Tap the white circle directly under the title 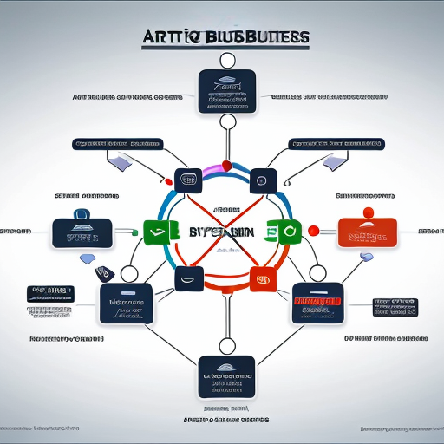[x=227, y=60]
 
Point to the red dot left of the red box [x=313, y=230]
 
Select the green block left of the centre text [x=153, y=231]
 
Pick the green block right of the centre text [x=284, y=232]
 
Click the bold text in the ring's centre [x=221, y=232]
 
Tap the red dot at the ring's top [x=227, y=165]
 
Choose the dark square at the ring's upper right [x=260, y=181]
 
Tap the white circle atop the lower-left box [x=129, y=274]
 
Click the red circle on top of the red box [x=368, y=212]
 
